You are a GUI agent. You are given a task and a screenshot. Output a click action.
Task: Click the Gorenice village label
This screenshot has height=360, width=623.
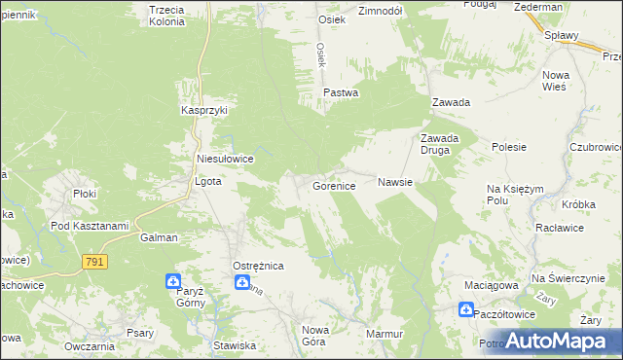click(x=340, y=185)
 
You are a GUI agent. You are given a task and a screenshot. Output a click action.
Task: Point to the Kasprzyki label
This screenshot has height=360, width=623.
click(x=204, y=111)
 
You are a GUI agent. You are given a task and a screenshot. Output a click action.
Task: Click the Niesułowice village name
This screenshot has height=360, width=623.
click(x=225, y=159)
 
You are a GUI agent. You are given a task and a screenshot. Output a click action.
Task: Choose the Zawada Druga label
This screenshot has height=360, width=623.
click(x=439, y=143)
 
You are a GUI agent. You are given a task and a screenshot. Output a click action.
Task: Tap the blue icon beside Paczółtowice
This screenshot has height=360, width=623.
click(x=467, y=310)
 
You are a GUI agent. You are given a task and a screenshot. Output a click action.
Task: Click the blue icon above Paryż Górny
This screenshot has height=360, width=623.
click(x=173, y=282)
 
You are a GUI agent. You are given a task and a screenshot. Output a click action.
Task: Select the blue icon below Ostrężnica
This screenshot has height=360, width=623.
click(x=241, y=282)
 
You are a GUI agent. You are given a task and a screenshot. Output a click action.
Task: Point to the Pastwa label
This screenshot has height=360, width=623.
click(x=341, y=93)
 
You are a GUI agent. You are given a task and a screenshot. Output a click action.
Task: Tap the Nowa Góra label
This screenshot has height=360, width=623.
click(x=315, y=335)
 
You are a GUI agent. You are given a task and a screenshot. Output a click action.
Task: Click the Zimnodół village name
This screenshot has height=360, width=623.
click(x=381, y=12)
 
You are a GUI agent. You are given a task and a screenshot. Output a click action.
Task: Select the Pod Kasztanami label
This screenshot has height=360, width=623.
click(x=90, y=226)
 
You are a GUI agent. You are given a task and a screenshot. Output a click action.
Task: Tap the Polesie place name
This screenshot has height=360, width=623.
click(x=509, y=148)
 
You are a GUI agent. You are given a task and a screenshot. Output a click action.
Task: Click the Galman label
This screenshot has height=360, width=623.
click(x=159, y=237)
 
